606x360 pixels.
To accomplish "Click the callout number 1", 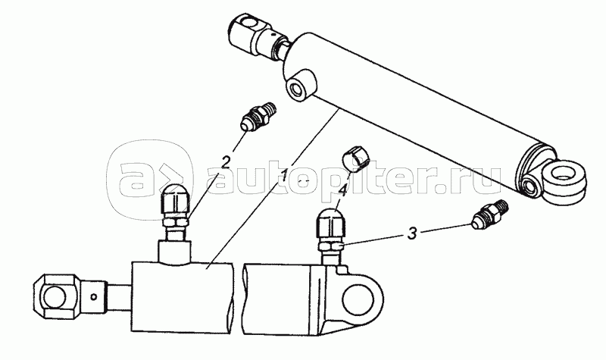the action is pyautogui.click(x=284, y=177).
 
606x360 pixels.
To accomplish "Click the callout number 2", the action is pyautogui.click(x=226, y=161).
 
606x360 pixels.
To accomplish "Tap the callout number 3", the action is pyautogui.click(x=413, y=233).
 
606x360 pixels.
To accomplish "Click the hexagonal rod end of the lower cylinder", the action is pyautogui.click(x=59, y=296).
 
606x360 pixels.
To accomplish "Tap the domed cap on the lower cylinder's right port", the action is pyautogui.click(x=330, y=223).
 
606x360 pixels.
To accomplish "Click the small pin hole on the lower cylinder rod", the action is pyautogui.click(x=93, y=296).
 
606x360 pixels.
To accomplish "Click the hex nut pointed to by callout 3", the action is pyautogui.click(x=330, y=246).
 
